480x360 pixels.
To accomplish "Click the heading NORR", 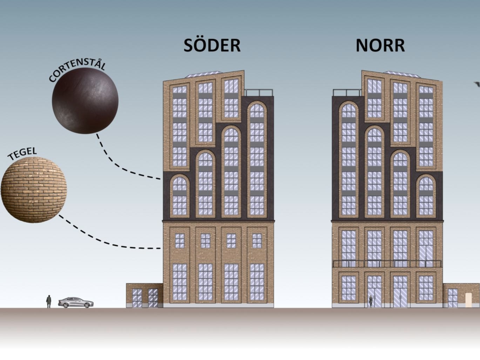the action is click(380, 46).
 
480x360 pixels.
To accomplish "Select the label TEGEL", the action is click(22, 154).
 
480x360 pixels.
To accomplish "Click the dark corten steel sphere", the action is click(85, 101).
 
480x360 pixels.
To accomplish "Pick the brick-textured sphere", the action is click(34, 190).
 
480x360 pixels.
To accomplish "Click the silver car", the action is click(76, 303).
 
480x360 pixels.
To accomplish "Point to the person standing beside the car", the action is click(49, 302).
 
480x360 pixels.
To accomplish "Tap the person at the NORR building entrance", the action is click(371, 302).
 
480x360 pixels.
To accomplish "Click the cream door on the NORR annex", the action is click(468, 300).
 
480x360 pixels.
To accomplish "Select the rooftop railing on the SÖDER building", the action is click(259, 93).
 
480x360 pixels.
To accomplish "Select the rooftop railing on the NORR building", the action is click(347, 93).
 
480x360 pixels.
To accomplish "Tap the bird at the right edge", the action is click(478, 84).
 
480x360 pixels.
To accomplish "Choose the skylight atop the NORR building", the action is click(402, 74).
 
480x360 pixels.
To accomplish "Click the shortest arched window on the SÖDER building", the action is click(180, 196).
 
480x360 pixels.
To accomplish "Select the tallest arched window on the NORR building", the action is click(349, 159).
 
